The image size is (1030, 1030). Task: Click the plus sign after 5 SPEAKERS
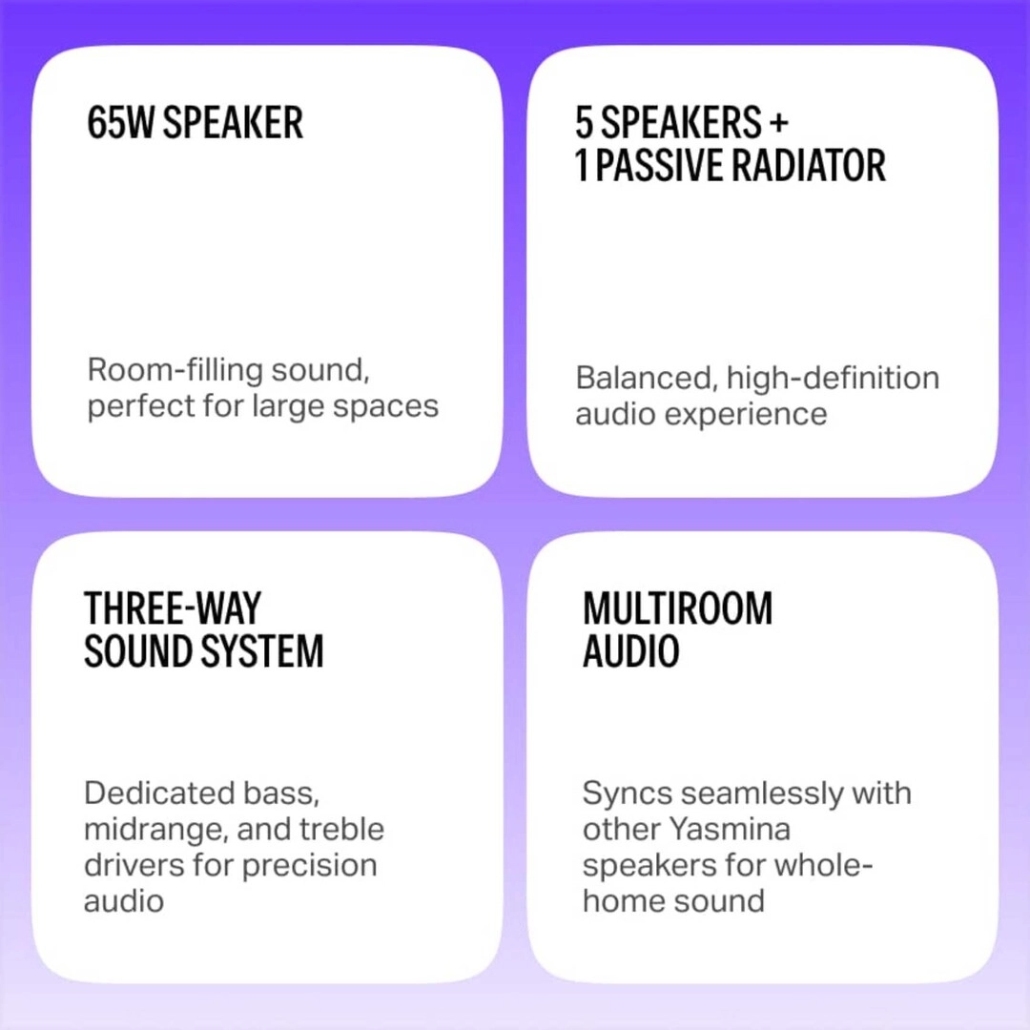tap(778, 123)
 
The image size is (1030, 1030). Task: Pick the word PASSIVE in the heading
tap(657, 165)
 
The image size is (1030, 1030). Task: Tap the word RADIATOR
tap(809, 165)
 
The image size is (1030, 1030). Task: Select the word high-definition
tap(833, 378)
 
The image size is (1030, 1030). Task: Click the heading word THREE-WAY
tap(172, 608)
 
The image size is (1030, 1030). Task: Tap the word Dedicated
tap(159, 793)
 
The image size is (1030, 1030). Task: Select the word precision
tap(309, 865)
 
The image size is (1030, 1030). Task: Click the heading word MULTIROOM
tap(677, 608)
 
